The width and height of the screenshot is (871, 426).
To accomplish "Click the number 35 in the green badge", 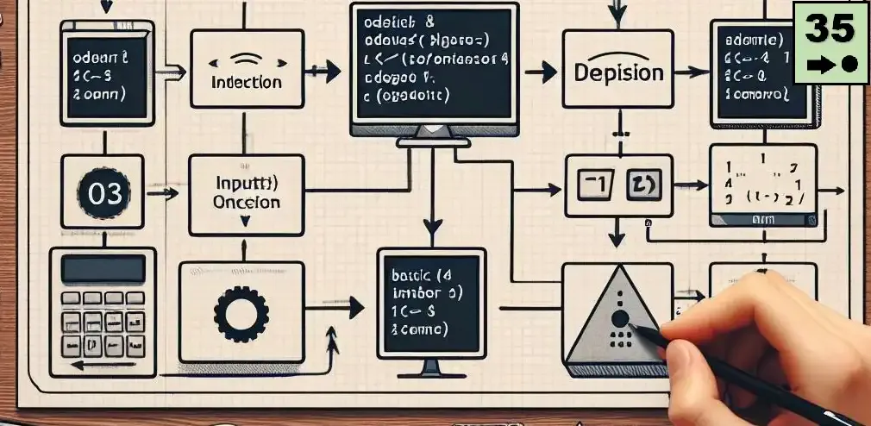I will click(x=830, y=29).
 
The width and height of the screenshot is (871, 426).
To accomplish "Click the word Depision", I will click(x=618, y=72).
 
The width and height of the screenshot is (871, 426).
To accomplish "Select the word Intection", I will click(x=247, y=82).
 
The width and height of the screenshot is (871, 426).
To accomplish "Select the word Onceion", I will click(x=246, y=203).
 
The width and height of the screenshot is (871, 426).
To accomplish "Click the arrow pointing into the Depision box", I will click(x=542, y=72).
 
